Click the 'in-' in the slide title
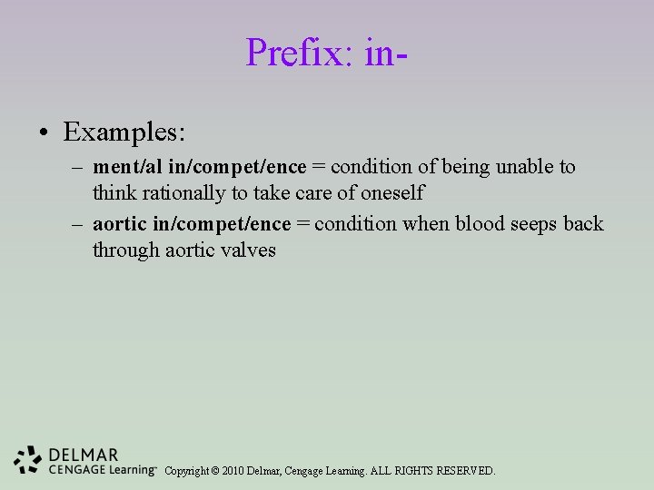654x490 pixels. [x=385, y=53]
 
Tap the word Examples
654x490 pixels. [x=124, y=132]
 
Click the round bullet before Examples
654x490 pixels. [x=44, y=134]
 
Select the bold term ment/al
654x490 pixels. [x=126, y=168]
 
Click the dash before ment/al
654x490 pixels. [x=77, y=168]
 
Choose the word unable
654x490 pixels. [x=522, y=168]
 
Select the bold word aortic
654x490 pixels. [x=120, y=224]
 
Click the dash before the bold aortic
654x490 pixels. [x=77, y=224]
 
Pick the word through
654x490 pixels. [x=125, y=250]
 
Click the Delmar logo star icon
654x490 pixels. [x=29, y=461]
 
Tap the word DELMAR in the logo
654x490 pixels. [x=84, y=455]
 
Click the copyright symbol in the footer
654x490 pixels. [x=215, y=471]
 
